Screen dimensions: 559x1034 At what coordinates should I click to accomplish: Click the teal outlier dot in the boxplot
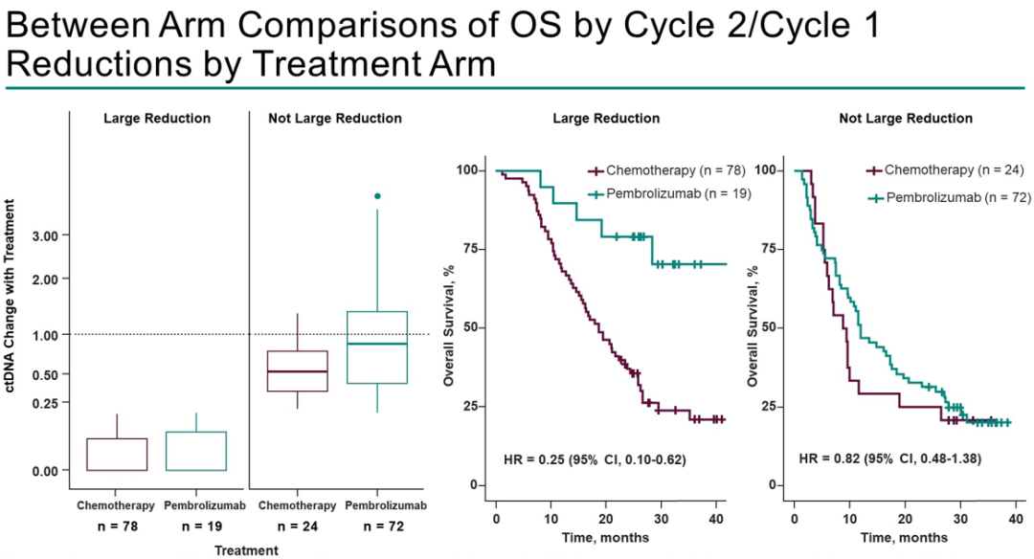[x=377, y=195]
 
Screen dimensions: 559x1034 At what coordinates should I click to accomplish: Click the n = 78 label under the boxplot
[x=116, y=526]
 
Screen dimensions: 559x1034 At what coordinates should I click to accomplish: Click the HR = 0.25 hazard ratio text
[x=594, y=460]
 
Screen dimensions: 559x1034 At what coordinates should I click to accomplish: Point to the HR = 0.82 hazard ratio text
[x=889, y=460]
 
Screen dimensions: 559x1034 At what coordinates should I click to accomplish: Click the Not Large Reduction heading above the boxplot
[x=335, y=119]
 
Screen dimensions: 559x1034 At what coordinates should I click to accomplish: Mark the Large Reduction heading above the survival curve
[x=606, y=119]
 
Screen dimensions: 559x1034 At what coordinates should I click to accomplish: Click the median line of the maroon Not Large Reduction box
[x=298, y=371]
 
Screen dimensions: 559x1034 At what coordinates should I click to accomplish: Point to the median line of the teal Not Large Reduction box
[x=377, y=344]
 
